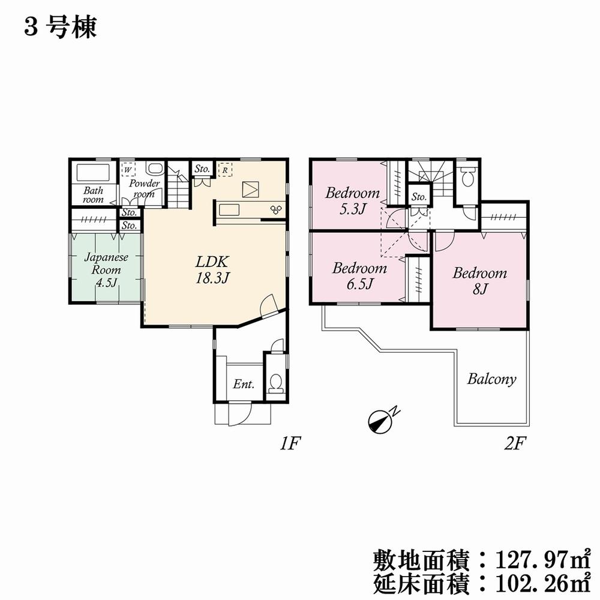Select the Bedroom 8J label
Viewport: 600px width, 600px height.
tap(479, 281)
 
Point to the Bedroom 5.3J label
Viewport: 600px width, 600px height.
tap(352, 200)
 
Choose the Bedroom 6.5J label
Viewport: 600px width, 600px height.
tap(359, 275)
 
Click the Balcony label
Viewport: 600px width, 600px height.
tap(491, 379)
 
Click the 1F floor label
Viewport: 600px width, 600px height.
tap(289, 444)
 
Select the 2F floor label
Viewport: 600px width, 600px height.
tap(514, 444)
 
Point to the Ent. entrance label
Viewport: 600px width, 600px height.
tap(243, 384)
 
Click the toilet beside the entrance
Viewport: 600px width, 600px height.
tap(277, 383)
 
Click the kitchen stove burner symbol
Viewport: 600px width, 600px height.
tap(277, 209)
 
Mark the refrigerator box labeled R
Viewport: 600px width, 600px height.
tap(224, 170)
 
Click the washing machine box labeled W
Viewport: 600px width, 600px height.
tap(128, 170)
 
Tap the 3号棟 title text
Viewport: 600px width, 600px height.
tap(60, 28)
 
